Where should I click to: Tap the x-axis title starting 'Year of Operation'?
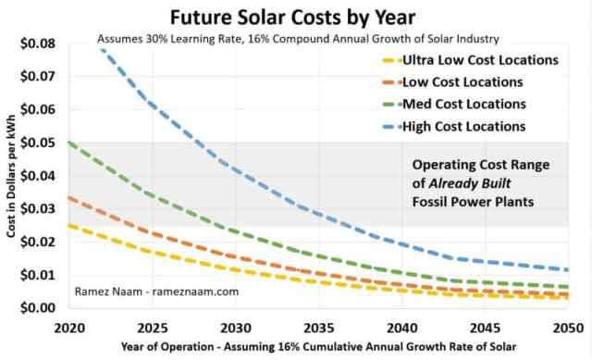click(318, 348)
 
